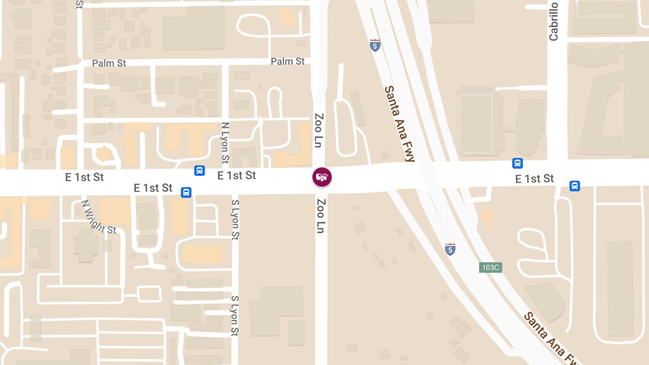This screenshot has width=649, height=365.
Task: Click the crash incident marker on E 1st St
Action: click(322, 177)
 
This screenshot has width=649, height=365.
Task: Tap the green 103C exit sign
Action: click(491, 267)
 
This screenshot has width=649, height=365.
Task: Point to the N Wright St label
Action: click(98, 217)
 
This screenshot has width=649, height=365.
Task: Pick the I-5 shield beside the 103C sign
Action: click(450, 249)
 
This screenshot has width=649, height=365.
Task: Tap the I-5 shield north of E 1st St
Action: click(375, 45)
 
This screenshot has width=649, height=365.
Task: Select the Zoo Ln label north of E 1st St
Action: click(319, 131)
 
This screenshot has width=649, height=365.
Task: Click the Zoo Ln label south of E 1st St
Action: click(321, 216)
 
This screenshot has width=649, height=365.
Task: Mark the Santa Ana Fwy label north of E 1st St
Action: click(399, 123)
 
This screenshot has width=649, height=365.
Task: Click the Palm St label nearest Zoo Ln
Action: click(288, 62)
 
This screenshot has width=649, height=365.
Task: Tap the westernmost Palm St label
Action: click(109, 63)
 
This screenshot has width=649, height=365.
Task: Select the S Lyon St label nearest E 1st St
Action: click(235, 220)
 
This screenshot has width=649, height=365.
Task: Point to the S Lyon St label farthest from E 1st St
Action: click(235, 316)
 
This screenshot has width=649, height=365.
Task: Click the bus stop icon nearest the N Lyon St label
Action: click(200, 171)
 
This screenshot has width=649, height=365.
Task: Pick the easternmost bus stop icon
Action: click(574, 186)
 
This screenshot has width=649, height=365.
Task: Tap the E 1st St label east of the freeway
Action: click(534, 178)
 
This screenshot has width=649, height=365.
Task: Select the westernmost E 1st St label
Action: click(84, 177)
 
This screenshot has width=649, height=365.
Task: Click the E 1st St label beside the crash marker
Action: click(236, 175)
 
